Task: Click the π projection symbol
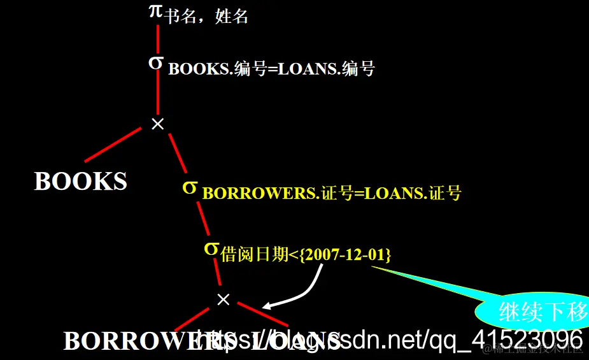pyautogui.click(x=156, y=11)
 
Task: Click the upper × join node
pyautogui.click(x=157, y=124)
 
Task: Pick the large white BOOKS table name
pyautogui.click(x=81, y=182)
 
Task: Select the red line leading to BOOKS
pyautogui.click(x=112, y=144)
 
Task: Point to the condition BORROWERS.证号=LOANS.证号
pyautogui.click(x=332, y=193)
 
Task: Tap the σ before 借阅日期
pyautogui.click(x=211, y=248)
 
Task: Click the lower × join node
pyautogui.click(x=223, y=299)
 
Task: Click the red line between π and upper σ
pyautogui.click(x=157, y=38)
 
